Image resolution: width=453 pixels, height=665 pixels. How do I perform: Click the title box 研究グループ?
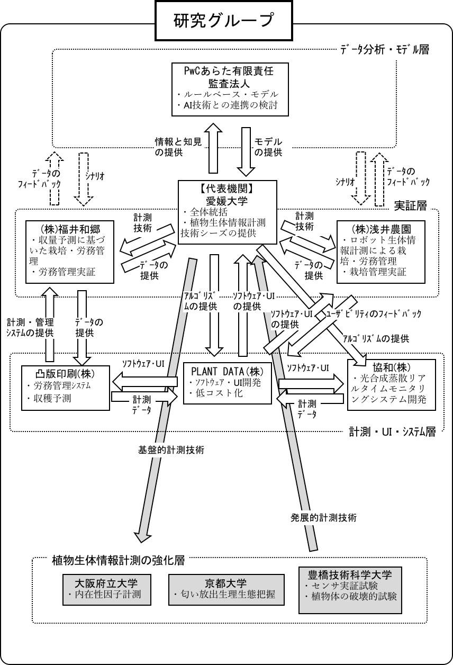tap(224, 21)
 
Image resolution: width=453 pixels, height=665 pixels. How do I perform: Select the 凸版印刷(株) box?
tap(66, 387)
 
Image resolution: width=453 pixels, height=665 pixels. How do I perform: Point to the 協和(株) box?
tap(391, 384)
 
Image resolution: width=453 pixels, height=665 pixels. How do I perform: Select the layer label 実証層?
tap(411, 204)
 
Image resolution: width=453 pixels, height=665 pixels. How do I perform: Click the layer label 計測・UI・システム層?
tap(392, 432)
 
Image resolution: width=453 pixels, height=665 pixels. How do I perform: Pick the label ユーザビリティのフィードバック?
tap(374, 313)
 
